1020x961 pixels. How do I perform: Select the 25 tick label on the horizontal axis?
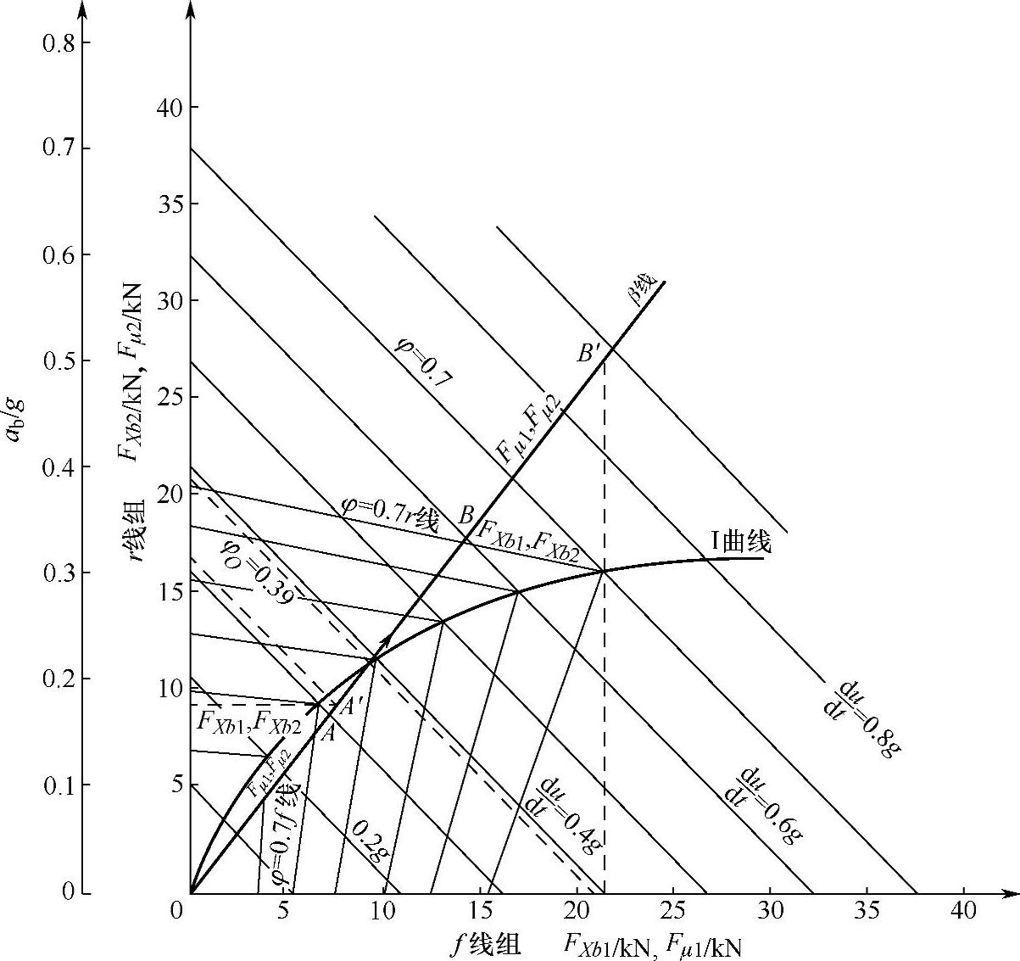point(673,913)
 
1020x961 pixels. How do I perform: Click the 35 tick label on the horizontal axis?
point(867,913)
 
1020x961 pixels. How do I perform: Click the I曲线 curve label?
point(739,540)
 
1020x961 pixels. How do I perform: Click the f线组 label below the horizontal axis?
point(485,944)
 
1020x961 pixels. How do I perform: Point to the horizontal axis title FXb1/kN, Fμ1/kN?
point(650,945)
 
